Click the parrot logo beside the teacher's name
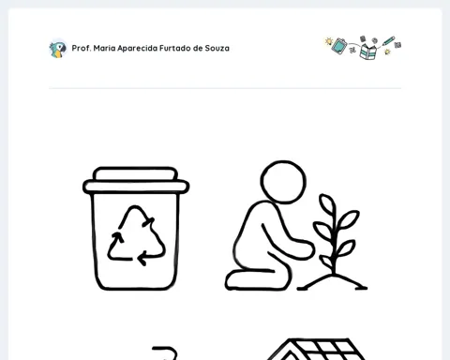[58, 49]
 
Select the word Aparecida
[138, 49]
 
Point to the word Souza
[217, 48]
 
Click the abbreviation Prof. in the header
[82, 48]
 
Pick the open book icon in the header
[368, 52]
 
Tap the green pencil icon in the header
[388, 41]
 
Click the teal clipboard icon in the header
[339, 46]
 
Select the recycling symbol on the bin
[136, 235]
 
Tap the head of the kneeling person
[283, 182]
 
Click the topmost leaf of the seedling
[327, 204]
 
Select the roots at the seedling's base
[332, 282]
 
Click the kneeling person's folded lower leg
[255, 280]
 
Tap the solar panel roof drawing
[316, 349]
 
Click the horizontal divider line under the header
[225, 88]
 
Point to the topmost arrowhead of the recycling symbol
[148, 221]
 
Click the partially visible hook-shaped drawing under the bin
[165, 352]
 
